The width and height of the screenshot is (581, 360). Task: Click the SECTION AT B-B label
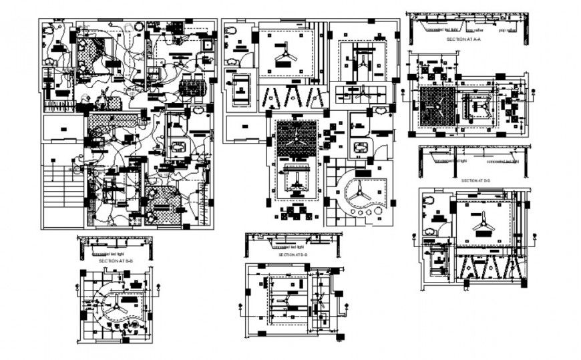tap(114, 260)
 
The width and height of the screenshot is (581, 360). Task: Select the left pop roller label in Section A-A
tap(475, 30)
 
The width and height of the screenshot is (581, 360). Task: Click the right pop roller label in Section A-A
tap(508, 30)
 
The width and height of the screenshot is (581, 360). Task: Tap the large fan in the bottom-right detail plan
tap(483, 220)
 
